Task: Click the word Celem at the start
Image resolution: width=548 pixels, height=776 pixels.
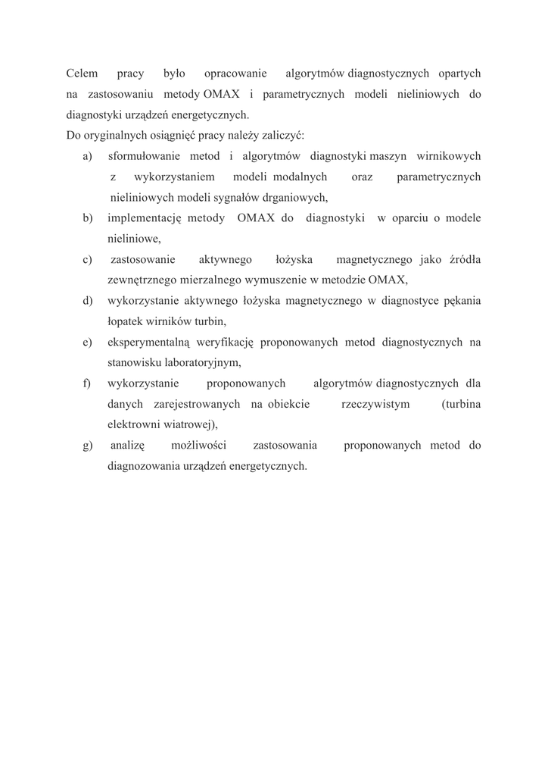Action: (x=82, y=74)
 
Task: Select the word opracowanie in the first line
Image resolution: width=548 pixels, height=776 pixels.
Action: (x=235, y=74)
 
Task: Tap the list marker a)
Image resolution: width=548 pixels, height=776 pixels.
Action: (x=87, y=156)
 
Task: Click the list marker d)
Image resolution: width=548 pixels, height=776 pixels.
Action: (x=88, y=301)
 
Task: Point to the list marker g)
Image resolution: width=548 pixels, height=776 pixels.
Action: (x=88, y=445)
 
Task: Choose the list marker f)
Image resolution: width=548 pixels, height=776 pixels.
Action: (x=87, y=383)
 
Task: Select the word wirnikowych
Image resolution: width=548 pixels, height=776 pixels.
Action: (x=449, y=156)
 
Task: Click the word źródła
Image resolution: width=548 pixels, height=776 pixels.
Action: (x=464, y=260)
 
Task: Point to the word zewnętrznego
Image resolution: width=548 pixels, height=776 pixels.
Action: (x=142, y=280)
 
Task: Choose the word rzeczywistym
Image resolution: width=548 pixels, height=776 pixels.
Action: (x=376, y=404)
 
